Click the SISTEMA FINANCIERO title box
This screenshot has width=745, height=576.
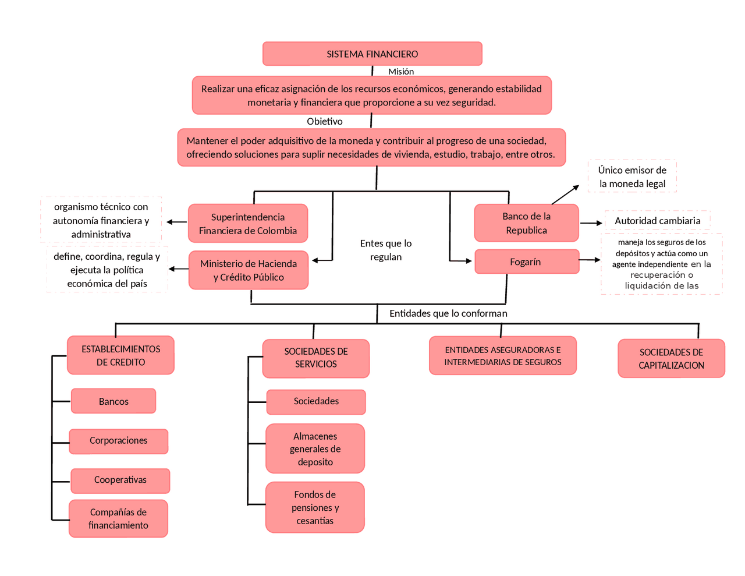tap(372, 54)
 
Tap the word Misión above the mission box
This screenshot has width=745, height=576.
tap(401, 72)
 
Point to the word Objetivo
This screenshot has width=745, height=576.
tap(325, 121)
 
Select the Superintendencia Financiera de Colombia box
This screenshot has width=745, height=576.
tap(248, 224)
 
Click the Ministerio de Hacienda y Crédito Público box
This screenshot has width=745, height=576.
tap(249, 270)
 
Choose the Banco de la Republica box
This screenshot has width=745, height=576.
tap(526, 223)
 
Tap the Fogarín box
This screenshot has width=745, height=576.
tap(526, 262)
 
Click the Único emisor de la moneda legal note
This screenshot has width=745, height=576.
tap(632, 176)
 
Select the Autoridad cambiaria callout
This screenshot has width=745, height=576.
tap(657, 221)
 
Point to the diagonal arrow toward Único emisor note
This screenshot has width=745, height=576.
tap(565, 195)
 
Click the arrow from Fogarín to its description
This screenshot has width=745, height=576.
tap(590, 260)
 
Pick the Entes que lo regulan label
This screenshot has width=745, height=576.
tap(386, 250)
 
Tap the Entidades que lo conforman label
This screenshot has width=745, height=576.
tap(448, 313)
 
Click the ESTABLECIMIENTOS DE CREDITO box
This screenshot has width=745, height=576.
tap(120, 355)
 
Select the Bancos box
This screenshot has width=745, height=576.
tap(113, 401)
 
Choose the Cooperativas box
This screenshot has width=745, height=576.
tap(120, 480)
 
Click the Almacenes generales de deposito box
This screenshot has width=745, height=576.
tap(315, 448)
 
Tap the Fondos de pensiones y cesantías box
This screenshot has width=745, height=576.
tap(315, 507)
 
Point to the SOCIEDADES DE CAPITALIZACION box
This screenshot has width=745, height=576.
tap(671, 359)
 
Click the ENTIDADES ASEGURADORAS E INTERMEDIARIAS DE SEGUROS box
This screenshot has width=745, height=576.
tap(503, 356)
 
